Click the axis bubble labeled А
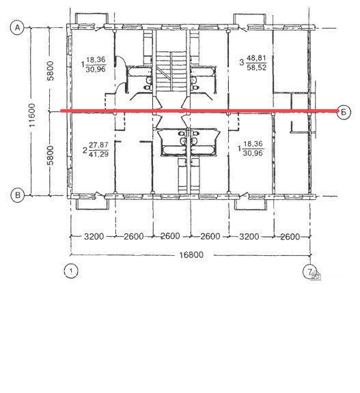[x=17, y=27]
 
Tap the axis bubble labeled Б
[x=344, y=112]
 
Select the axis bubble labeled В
[x=17, y=194]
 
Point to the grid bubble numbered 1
[x=71, y=271]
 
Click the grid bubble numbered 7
[x=310, y=272]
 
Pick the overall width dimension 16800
[x=191, y=255]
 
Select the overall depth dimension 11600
[x=33, y=115]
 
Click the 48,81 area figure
[x=256, y=58]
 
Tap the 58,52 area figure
[x=256, y=67]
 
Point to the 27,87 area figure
[x=98, y=145]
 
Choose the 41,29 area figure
[x=98, y=154]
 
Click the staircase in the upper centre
[x=171, y=71]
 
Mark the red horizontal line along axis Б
[x=199, y=111]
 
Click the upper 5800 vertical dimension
[x=51, y=71]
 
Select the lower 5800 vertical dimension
[x=51, y=155]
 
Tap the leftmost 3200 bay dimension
[x=94, y=236]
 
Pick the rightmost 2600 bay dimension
[x=290, y=237]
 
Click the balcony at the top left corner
[x=92, y=19]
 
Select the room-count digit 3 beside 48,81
[x=242, y=62]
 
